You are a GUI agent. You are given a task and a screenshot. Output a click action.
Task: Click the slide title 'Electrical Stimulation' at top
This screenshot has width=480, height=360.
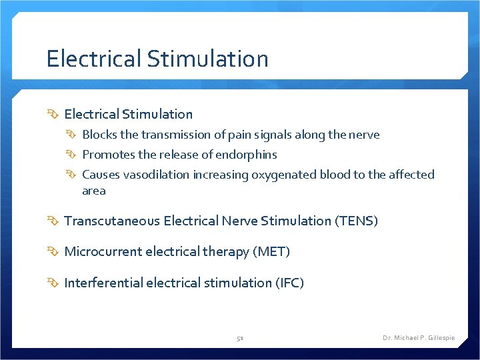point(157,59)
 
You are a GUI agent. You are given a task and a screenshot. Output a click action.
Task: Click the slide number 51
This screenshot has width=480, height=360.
point(240,338)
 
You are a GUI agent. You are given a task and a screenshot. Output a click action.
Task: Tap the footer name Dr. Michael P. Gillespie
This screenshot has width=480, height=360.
point(419,338)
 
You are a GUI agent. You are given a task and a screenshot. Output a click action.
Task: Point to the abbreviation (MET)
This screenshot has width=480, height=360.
point(271,252)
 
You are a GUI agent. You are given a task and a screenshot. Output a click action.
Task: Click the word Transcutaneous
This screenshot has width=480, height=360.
point(111,221)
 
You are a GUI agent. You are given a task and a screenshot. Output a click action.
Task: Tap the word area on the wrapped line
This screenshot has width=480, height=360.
point(94,191)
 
